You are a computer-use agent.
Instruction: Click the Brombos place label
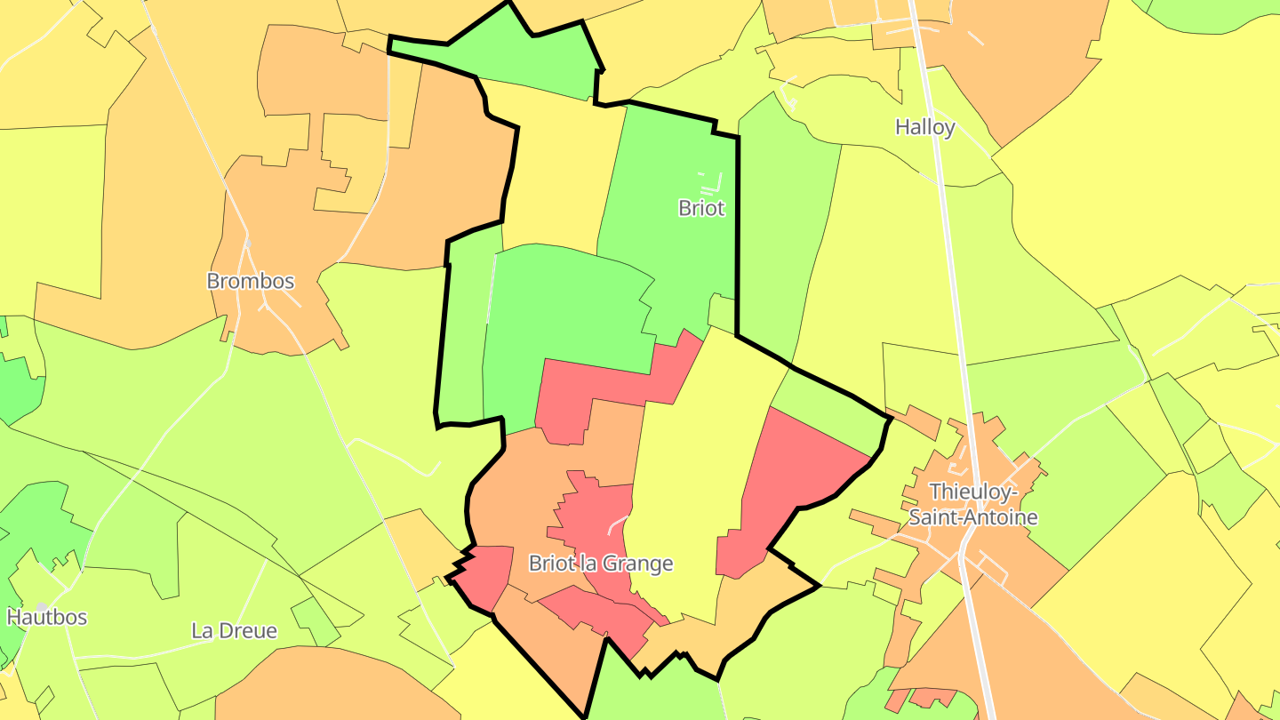pyautogui.click(x=250, y=281)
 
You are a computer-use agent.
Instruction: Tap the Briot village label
pyautogui.click(x=701, y=208)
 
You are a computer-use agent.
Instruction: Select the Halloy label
pyautogui.click(x=924, y=127)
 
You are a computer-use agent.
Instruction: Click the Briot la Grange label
pyautogui.click(x=600, y=564)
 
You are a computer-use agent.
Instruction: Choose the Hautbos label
pyautogui.click(x=47, y=616)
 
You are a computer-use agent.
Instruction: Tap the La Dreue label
pyautogui.click(x=234, y=631)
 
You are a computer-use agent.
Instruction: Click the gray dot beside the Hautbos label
pyautogui.click(x=41, y=607)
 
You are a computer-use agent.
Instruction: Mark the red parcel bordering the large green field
pyautogui.click(x=613, y=382)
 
